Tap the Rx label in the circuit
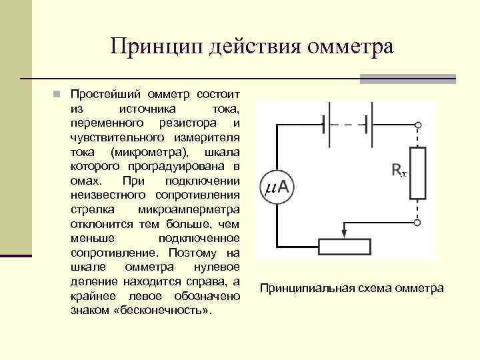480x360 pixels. point(398,171)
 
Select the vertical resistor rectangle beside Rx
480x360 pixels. point(418,174)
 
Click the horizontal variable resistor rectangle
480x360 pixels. point(344,247)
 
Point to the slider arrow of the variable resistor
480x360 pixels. point(344,231)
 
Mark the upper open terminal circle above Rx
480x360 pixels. point(418,125)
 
